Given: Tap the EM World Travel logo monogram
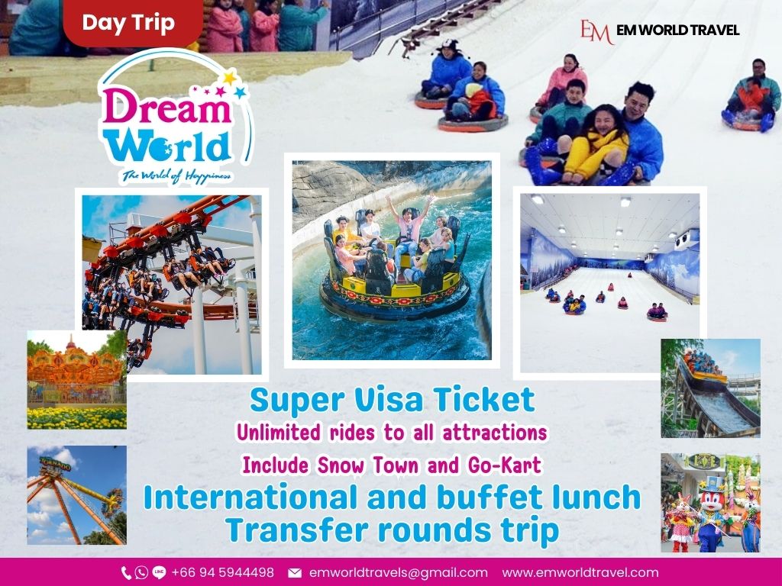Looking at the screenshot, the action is [596, 31].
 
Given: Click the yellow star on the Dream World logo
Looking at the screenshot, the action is [230, 77].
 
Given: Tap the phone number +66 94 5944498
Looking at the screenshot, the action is [222, 572].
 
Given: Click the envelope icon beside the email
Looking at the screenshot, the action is [295, 573].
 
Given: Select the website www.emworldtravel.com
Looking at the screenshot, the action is [580, 572].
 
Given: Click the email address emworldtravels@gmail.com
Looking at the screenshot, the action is [398, 573].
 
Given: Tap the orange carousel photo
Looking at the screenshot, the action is [76, 380].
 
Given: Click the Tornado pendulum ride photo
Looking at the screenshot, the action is [77, 494].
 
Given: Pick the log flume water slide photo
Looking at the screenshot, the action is [711, 388].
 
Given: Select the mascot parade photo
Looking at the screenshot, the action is [711, 503].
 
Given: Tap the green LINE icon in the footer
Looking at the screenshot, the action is [159, 572].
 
